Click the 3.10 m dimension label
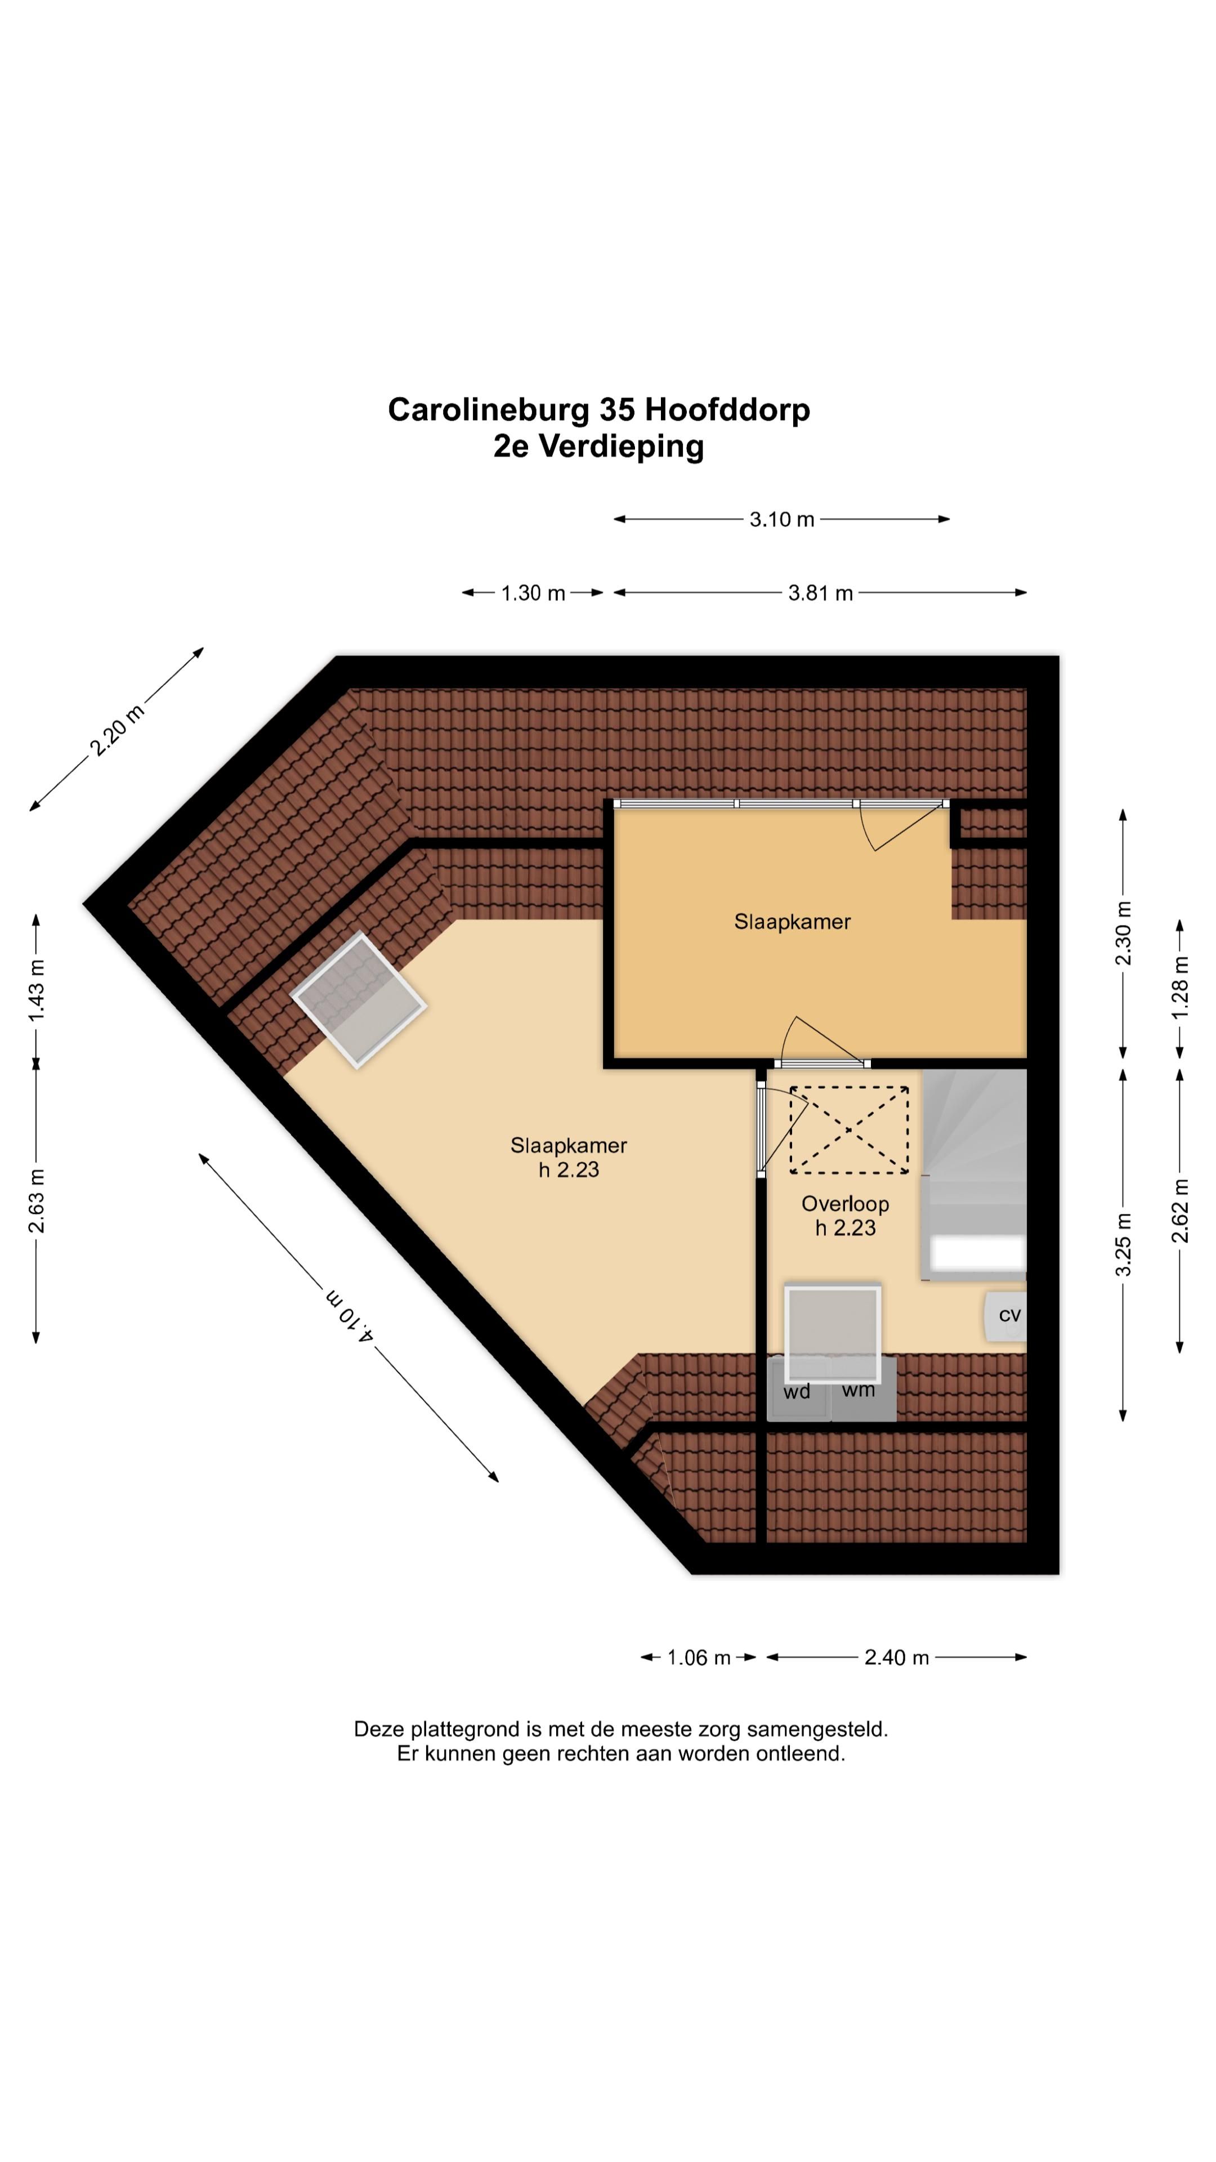pos(781,520)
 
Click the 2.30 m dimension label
pos(1123,933)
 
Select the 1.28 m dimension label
pos(1180,988)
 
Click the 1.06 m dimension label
pos(698,1658)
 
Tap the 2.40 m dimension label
pos(896,1658)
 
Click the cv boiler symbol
pos(1006,1315)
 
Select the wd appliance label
pos(797,1392)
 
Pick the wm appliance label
pos(857,1391)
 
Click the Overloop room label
pos(845,1204)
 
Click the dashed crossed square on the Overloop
pos(848,1129)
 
